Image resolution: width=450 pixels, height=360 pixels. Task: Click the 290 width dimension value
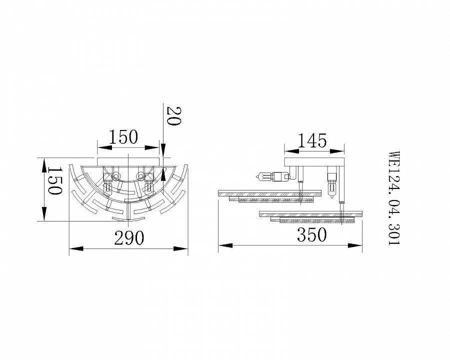point(129,238)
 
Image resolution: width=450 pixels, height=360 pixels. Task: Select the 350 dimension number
point(311,234)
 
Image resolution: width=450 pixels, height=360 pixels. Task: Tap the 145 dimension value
point(312,140)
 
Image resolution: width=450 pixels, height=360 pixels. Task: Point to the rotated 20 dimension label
point(174,116)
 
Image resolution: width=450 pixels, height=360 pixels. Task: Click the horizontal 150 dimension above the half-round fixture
point(124,137)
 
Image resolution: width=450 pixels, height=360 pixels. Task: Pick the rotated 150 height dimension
point(54,180)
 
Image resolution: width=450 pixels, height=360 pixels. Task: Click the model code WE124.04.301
point(394,198)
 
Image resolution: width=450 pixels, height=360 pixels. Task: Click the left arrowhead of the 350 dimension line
point(225,245)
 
